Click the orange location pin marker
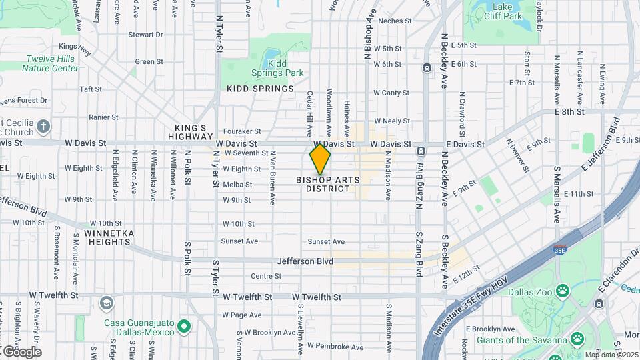(320, 159)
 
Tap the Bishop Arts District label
(328, 184)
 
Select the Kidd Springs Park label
(277, 68)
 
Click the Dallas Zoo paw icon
(563, 291)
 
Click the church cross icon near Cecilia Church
(43, 126)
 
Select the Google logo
(21, 352)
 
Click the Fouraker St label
(242, 131)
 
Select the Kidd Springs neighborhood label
(260, 89)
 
